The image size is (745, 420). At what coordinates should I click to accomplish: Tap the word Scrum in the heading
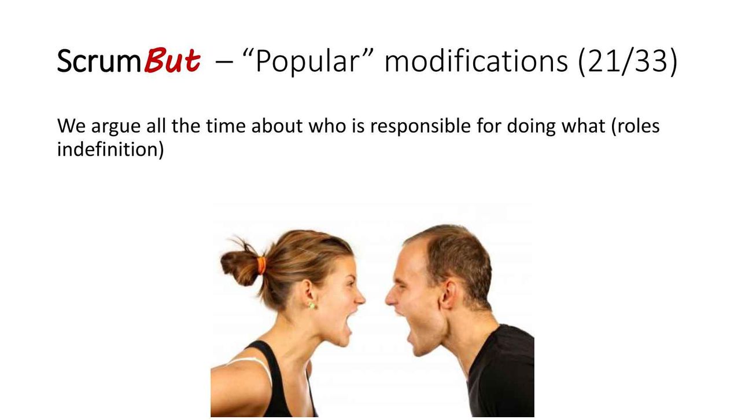99,61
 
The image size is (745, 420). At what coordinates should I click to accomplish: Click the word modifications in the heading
476,60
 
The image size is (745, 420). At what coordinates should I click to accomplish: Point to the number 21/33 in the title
628,61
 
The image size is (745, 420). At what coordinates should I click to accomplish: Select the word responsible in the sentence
420,127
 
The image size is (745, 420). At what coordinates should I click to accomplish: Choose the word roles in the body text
639,126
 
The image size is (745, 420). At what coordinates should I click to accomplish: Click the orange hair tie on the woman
262,265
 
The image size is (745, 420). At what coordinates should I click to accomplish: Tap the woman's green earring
312,305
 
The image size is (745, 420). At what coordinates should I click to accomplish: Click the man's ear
447,294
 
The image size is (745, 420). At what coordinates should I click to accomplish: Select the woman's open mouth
347,324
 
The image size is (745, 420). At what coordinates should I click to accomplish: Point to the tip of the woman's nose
364,300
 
